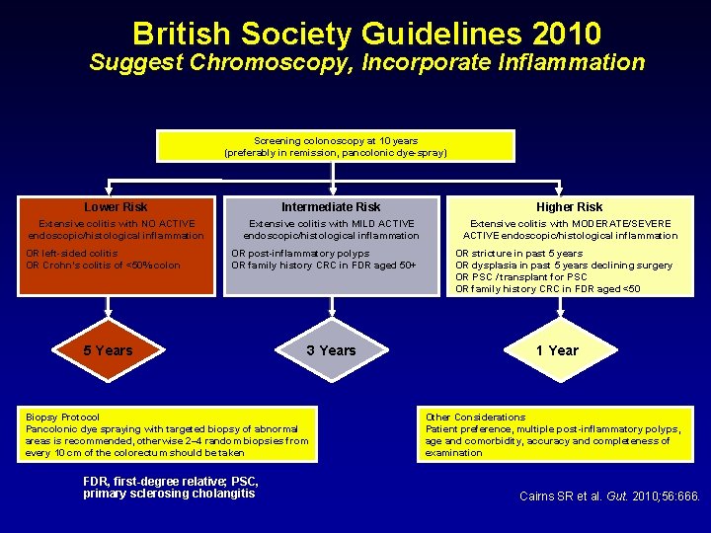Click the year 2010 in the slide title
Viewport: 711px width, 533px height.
point(565,35)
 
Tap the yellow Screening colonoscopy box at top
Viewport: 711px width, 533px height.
point(336,147)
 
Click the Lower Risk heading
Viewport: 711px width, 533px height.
point(116,207)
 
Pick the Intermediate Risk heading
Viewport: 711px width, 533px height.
point(331,207)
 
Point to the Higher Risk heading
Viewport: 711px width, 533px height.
point(569,207)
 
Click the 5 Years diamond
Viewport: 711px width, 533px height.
point(108,350)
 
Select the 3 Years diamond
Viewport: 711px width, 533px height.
point(331,350)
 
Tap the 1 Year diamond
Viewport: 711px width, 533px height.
point(557,350)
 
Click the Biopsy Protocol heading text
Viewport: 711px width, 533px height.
point(62,418)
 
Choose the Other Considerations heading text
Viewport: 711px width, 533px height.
point(475,418)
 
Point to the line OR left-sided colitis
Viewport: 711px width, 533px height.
point(72,254)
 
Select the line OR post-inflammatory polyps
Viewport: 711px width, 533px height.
point(300,254)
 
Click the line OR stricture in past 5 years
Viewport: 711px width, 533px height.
point(518,254)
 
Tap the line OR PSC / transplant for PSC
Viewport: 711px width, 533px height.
point(522,277)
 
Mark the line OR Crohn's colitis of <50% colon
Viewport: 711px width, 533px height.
point(104,266)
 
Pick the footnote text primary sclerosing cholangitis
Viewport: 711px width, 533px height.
point(169,494)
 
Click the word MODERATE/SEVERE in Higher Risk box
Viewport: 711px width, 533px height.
point(623,224)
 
